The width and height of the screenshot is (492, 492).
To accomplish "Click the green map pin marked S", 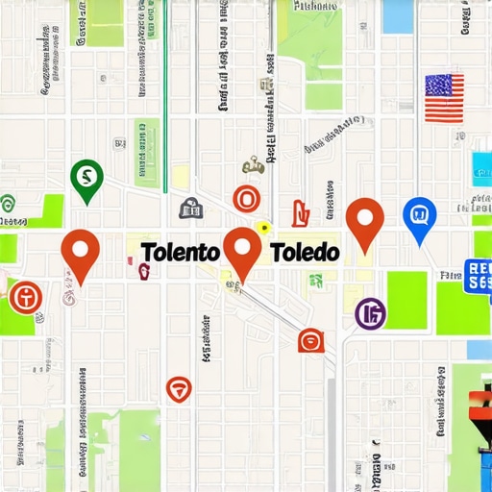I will coord(86,179).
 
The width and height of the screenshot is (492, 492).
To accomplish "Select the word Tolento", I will coord(181,253).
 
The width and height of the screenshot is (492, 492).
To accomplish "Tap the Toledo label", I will coord(305,253).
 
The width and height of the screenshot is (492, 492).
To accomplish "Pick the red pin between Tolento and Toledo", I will coord(241,250).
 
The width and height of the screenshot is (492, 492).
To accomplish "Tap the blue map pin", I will coord(419,218).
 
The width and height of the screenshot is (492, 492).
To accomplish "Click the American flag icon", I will coord(444,98).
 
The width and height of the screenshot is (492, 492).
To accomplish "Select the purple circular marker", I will coord(370,312).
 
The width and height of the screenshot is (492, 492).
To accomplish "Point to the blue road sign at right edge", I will coord(478,276).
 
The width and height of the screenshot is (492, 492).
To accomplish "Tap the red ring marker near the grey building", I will coord(246,199).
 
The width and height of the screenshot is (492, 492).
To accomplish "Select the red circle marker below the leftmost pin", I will coord(25,296).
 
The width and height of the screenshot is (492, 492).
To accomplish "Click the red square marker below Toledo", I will coord(309,339).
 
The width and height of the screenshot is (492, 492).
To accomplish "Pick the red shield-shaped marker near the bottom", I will coord(178,388).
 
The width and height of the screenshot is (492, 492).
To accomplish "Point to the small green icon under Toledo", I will coord(315,282).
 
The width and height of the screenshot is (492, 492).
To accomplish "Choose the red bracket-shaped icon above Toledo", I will coord(301,212).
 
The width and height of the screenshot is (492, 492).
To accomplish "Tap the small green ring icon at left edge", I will coord(8,204).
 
